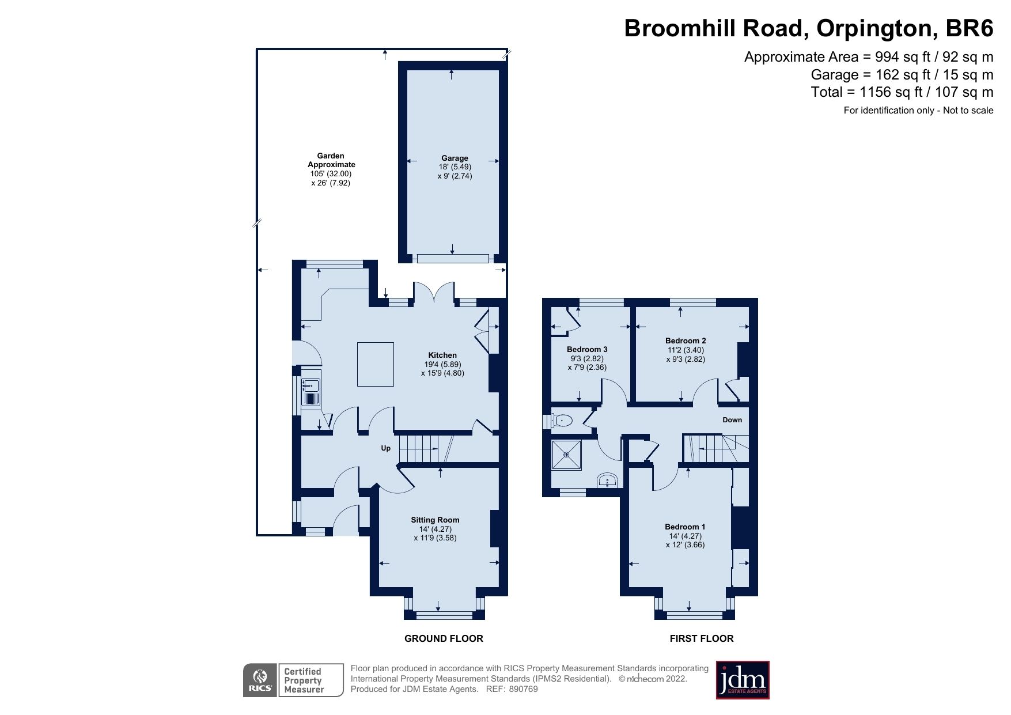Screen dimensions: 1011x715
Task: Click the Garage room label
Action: [x=455, y=158]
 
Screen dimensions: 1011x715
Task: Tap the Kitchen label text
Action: [x=442, y=355]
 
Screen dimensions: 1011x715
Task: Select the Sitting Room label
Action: [x=435, y=520]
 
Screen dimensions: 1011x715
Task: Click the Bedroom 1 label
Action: [x=685, y=527]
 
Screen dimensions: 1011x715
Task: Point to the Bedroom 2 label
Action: [x=686, y=341]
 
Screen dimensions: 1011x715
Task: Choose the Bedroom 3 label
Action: [x=587, y=349]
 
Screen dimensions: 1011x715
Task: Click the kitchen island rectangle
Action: [x=376, y=364]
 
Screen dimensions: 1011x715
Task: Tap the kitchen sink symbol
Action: [x=311, y=392]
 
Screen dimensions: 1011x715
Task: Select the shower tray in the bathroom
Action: [x=566, y=455]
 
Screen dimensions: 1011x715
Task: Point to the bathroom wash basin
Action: [x=607, y=481]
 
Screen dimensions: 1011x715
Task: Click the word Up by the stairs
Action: [x=386, y=448]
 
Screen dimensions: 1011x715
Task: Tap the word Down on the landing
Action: [x=732, y=420]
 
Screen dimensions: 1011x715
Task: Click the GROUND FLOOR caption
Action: [x=444, y=638]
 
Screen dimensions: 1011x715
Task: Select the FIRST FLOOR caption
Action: [x=702, y=638]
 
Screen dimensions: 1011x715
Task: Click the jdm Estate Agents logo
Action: [x=743, y=680]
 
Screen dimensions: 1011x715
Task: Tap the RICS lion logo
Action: [x=260, y=680]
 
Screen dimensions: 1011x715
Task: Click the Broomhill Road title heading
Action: [x=809, y=28]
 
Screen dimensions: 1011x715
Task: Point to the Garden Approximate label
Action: [x=331, y=160]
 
